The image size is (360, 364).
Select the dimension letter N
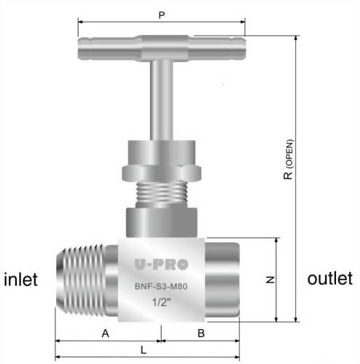(269, 279)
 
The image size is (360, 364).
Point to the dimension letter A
(106, 333)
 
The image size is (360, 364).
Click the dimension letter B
(200, 333)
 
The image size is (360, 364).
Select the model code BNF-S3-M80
(161, 287)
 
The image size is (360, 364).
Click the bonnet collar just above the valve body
(161, 222)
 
